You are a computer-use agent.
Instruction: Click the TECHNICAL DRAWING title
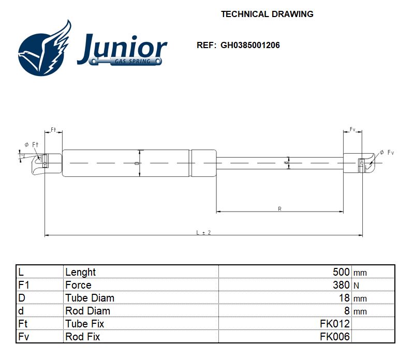point(267,14)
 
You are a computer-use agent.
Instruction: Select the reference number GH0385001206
point(250,46)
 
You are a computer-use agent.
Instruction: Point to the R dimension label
point(279,209)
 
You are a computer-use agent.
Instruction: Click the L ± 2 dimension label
point(203,233)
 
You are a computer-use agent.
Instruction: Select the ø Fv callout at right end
point(387,153)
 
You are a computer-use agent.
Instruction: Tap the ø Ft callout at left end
point(32,144)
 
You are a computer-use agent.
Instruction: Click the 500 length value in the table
point(341,272)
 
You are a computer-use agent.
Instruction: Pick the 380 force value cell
point(341,284)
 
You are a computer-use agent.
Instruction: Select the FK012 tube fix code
point(335,324)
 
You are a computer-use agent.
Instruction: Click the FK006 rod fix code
point(335,337)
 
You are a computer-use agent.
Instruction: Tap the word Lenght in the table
point(80,272)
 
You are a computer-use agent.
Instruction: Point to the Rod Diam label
point(87,311)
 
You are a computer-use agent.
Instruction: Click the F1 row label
point(24,285)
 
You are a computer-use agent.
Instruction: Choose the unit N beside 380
point(356,286)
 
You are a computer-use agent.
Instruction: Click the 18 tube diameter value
point(344,298)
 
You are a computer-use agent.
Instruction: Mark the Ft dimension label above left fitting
point(53,130)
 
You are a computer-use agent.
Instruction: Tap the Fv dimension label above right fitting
point(352,129)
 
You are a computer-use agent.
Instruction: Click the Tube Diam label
point(90,298)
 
